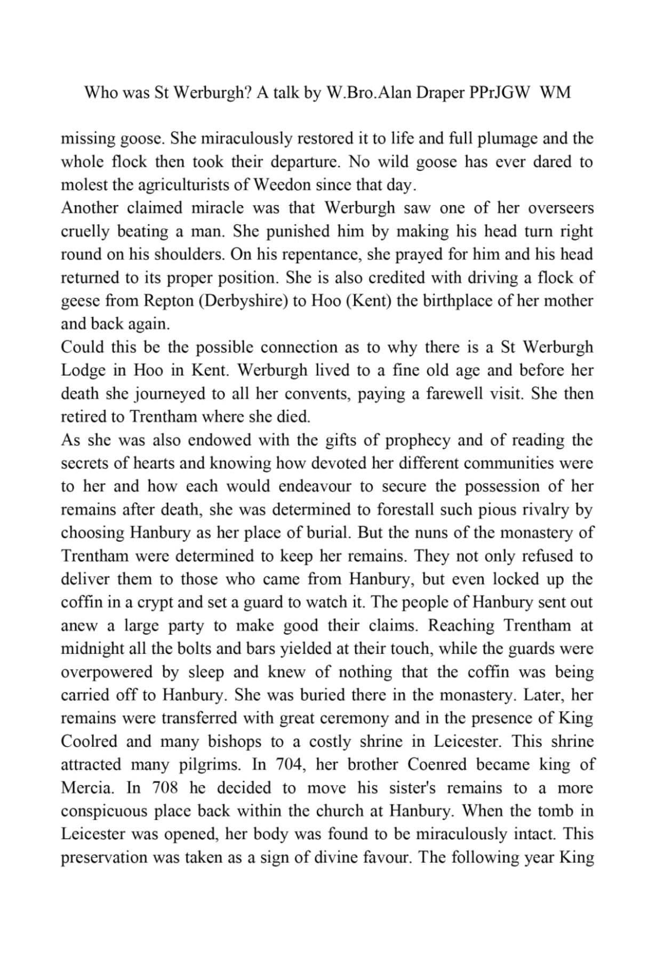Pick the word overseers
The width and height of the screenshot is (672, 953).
click(561, 208)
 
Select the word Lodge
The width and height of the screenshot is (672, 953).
click(83, 370)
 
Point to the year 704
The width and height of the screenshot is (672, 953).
click(290, 764)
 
